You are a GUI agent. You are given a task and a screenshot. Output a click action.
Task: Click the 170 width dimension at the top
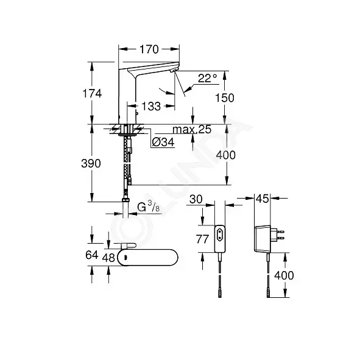[149, 49]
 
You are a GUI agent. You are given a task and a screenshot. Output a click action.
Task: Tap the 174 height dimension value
[92, 94]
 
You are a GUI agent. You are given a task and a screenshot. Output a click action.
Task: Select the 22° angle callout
[207, 79]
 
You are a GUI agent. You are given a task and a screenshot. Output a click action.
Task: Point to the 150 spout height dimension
[225, 98]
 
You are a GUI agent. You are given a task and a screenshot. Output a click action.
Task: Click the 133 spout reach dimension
[151, 107]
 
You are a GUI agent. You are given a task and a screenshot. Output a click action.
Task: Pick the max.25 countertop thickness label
[192, 130]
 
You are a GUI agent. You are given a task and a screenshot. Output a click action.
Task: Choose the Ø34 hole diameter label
[163, 143]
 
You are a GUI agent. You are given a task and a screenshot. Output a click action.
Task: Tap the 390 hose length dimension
[91, 163]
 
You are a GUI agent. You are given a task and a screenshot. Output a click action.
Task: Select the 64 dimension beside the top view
[92, 255]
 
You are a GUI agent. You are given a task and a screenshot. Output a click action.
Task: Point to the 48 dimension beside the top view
[108, 258]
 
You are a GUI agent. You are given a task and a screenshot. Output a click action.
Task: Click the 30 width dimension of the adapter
[196, 199]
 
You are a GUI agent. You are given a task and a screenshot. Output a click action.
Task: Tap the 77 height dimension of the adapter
[202, 239]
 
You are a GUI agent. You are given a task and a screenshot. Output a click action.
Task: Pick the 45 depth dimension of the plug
[262, 199]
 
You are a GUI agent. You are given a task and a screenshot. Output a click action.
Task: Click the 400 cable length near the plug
[284, 275]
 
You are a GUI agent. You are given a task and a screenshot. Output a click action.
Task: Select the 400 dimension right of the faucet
[226, 155]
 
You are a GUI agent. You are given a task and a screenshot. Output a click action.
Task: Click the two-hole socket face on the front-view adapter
[220, 234]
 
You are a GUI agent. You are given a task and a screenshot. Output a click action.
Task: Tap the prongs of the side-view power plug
[278, 235]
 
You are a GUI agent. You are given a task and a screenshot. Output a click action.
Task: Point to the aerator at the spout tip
[174, 71]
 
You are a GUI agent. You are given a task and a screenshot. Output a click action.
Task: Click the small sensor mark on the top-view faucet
[125, 258]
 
